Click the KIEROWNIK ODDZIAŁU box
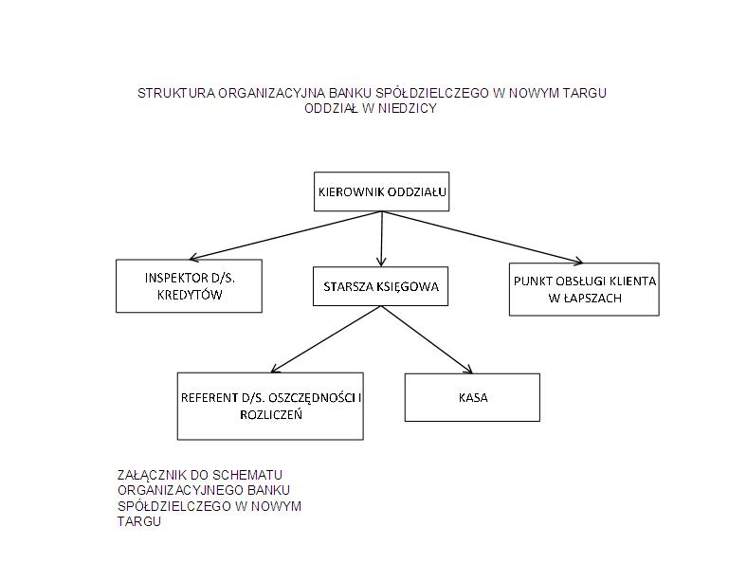(382, 191)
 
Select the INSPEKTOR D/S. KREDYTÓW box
(190, 285)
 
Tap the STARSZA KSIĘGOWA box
(381, 286)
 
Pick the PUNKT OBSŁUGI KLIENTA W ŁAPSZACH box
(584, 289)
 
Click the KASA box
(472, 397)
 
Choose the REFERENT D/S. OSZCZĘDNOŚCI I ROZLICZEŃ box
(270, 406)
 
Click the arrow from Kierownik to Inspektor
(285, 236)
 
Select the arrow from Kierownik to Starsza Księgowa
(381, 239)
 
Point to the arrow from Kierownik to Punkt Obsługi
(483, 237)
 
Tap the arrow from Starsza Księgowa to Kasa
(427, 339)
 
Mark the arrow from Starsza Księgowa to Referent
(325, 339)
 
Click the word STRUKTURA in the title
(176, 93)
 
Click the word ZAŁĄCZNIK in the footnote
(152, 475)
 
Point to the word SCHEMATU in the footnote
(247, 475)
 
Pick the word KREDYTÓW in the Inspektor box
(190, 295)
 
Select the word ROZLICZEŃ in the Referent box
(271, 414)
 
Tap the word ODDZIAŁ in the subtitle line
(331, 109)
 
